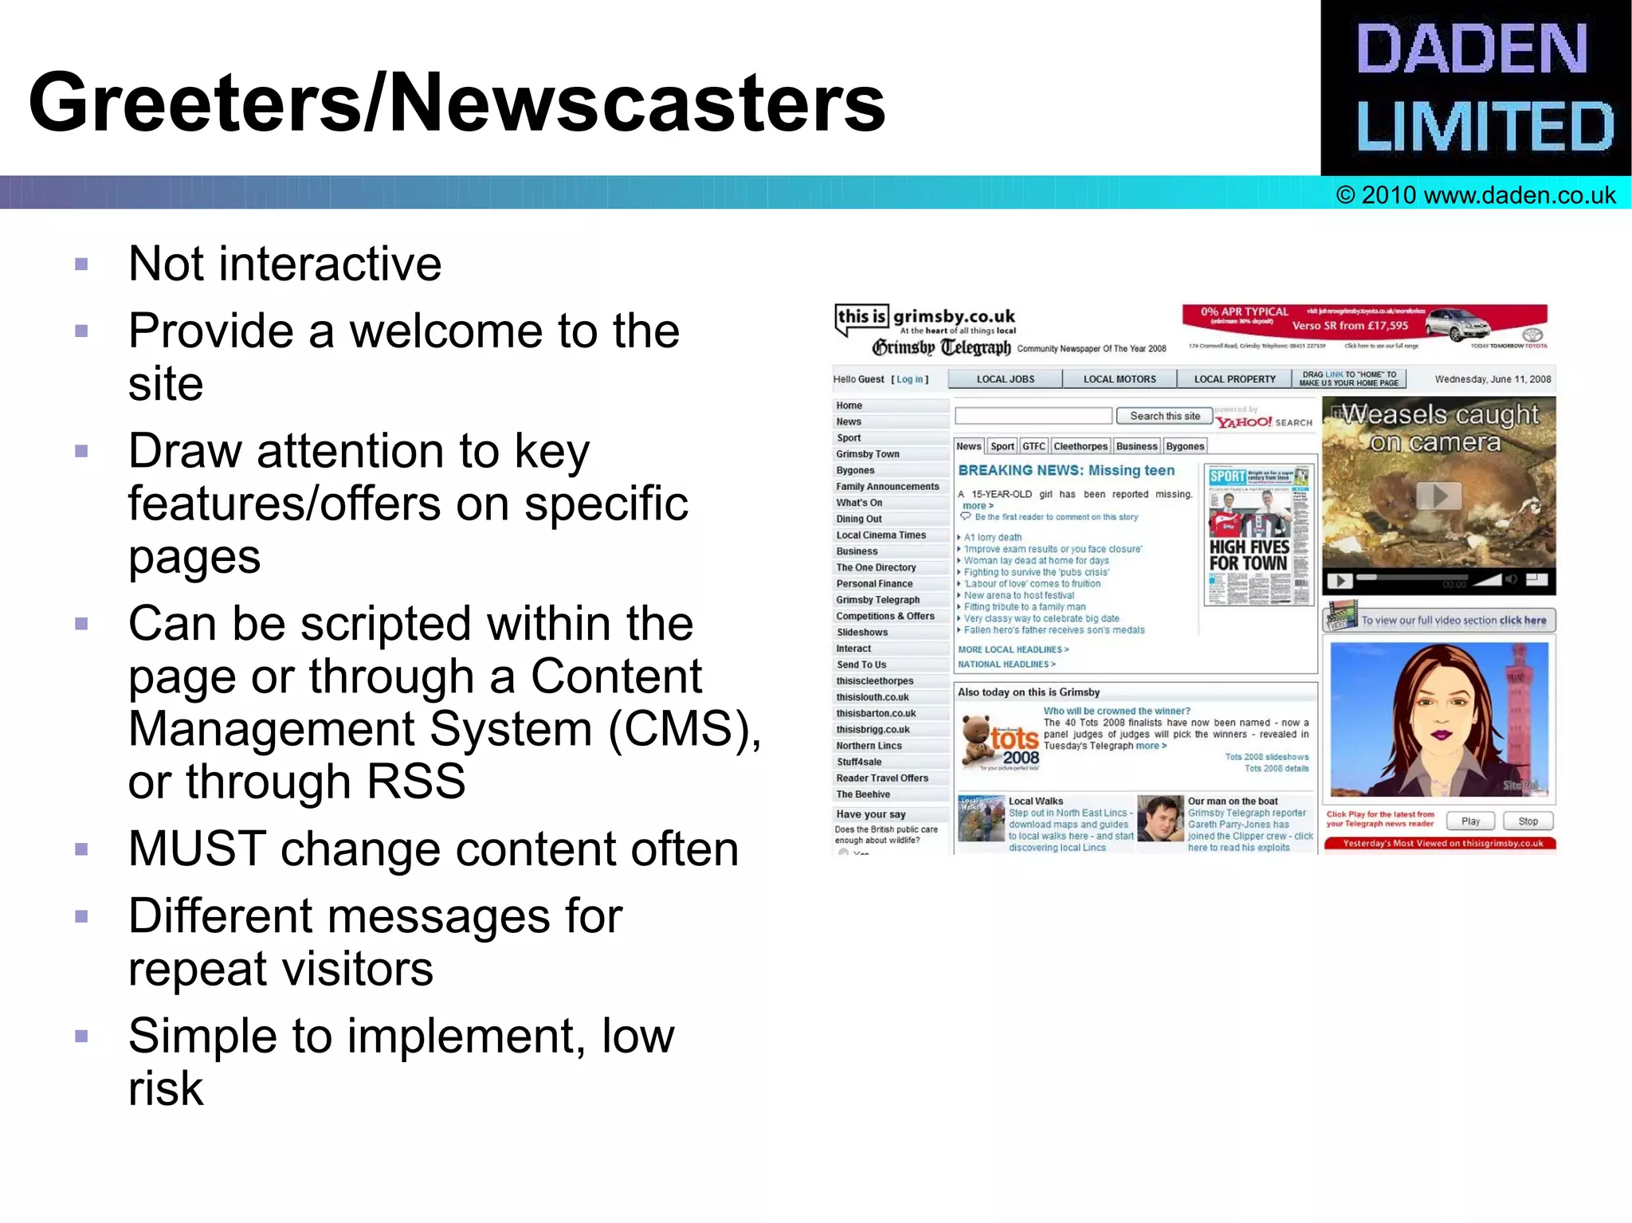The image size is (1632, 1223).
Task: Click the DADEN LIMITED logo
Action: pos(1476,88)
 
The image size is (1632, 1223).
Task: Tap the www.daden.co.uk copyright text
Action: pos(1476,195)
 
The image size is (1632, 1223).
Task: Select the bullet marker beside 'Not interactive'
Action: pos(81,265)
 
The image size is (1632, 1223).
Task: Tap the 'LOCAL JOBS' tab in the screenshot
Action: pos(1005,379)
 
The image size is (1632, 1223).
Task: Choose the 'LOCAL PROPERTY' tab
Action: pos(1234,379)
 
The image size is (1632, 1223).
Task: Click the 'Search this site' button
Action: pos(1164,416)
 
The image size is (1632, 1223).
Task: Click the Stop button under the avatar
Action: pos(1528,821)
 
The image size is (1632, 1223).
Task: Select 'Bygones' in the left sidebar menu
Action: pos(855,470)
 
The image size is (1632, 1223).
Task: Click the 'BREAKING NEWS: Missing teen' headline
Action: pos(1066,471)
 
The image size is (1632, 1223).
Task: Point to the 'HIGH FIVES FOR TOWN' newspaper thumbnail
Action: pos(1258,535)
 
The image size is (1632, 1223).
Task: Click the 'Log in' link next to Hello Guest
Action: pos(909,379)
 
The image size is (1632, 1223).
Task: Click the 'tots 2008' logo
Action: pos(1001,742)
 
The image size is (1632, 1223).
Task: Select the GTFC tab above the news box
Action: pos(1034,446)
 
